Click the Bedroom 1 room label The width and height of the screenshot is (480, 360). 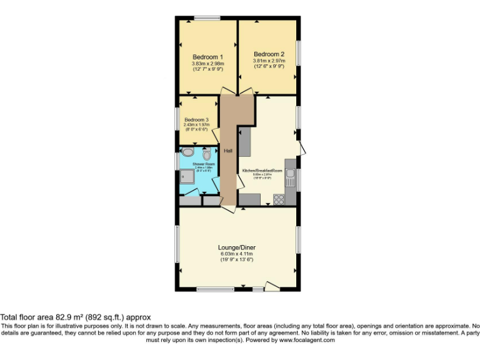[x=207, y=57]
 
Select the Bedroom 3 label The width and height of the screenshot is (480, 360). [x=196, y=119]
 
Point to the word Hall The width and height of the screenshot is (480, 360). [x=229, y=151]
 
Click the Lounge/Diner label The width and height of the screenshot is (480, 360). [x=237, y=247]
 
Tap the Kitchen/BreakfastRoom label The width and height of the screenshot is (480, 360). [x=262, y=171]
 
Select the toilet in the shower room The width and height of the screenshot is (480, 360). [x=207, y=154]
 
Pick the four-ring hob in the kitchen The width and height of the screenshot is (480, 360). [x=279, y=200]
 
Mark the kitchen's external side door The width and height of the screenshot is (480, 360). [x=302, y=149]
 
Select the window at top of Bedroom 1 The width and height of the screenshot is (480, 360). [x=206, y=18]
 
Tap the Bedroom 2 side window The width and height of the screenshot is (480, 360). [x=299, y=52]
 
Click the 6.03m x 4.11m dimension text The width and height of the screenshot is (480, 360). [x=237, y=254]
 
